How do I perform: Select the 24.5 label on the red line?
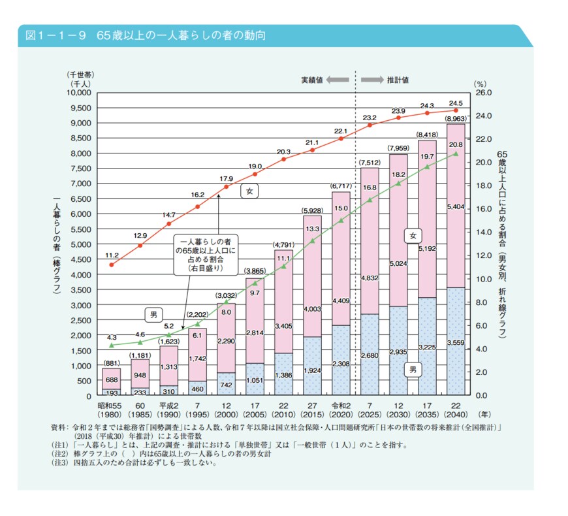pyautogui.click(x=455, y=103)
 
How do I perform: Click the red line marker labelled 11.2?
pyautogui.click(x=112, y=265)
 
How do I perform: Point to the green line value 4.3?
pyautogui.click(x=111, y=337)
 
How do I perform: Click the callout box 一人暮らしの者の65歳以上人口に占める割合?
pyautogui.click(x=206, y=254)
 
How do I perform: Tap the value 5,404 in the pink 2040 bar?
pyautogui.click(x=456, y=207)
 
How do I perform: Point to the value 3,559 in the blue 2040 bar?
pyautogui.click(x=456, y=342)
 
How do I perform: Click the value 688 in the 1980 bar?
pyautogui.click(x=112, y=380)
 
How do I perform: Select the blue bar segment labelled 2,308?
pyautogui.click(x=341, y=362)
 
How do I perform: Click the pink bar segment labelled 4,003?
pyautogui.click(x=312, y=308)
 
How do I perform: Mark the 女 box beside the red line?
pyautogui.click(x=249, y=191)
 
